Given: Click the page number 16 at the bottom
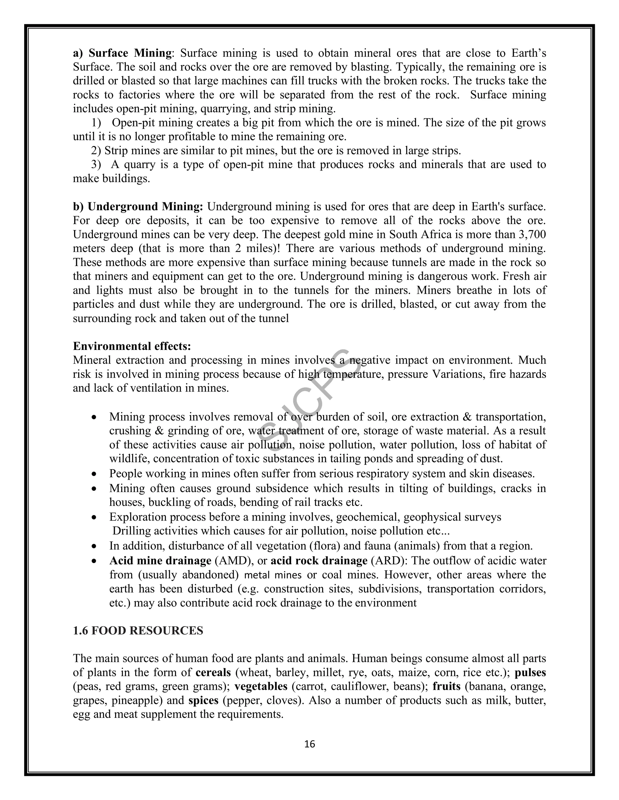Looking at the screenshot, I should pyautogui.click(x=309, y=744).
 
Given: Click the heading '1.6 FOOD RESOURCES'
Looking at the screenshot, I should pyautogui.click(x=138, y=630).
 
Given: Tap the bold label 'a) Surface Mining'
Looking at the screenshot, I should pyautogui.click(x=122, y=53).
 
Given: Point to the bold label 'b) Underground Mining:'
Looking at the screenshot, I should pyautogui.click(x=138, y=206).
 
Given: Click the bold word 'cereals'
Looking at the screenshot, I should pyautogui.click(x=213, y=672).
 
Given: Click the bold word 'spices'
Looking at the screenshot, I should pyautogui.click(x=203, y=700).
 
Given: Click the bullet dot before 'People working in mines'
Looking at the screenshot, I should pyautogui.click(x=94, y=474).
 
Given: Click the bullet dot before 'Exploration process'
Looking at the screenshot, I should pyautogui.click(x=94, y=517).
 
